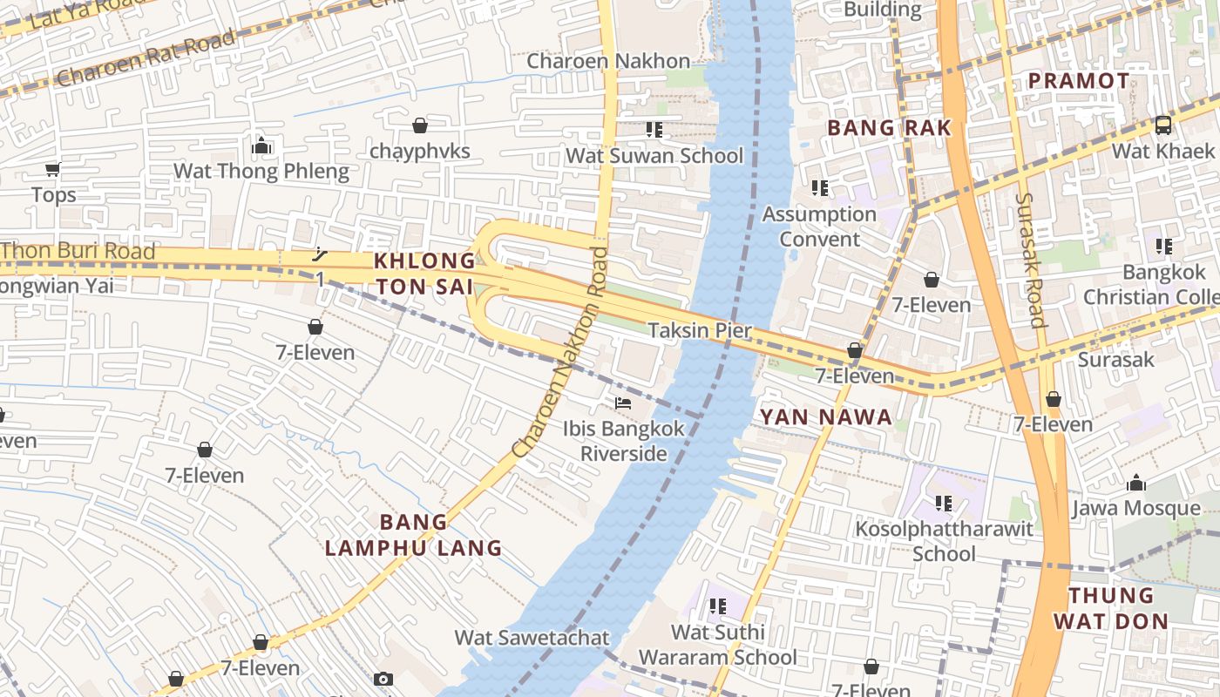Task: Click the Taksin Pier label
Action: pos(699,330)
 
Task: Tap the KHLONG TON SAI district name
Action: pos(424,274)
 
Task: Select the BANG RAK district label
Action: pos(889,128)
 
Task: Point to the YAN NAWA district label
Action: pos(826,417)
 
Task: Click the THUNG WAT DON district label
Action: pos(1110,608)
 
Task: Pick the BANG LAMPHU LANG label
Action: pos(414,535)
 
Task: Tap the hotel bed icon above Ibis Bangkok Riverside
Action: pos(623,403)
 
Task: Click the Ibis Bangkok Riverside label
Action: pos(624,441)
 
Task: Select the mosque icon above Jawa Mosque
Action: pos(1136,483)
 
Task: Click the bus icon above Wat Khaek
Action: pos(1162,125)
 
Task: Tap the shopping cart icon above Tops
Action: pos(53,169)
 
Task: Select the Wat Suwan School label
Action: pos(654,156)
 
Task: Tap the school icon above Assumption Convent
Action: pos(819,188)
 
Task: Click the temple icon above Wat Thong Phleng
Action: pos(261,145)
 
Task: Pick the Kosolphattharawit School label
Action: pos(944,541)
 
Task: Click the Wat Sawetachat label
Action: pos(532,637)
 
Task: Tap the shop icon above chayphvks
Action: pos(420,125)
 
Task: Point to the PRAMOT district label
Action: pos(1079,81)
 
